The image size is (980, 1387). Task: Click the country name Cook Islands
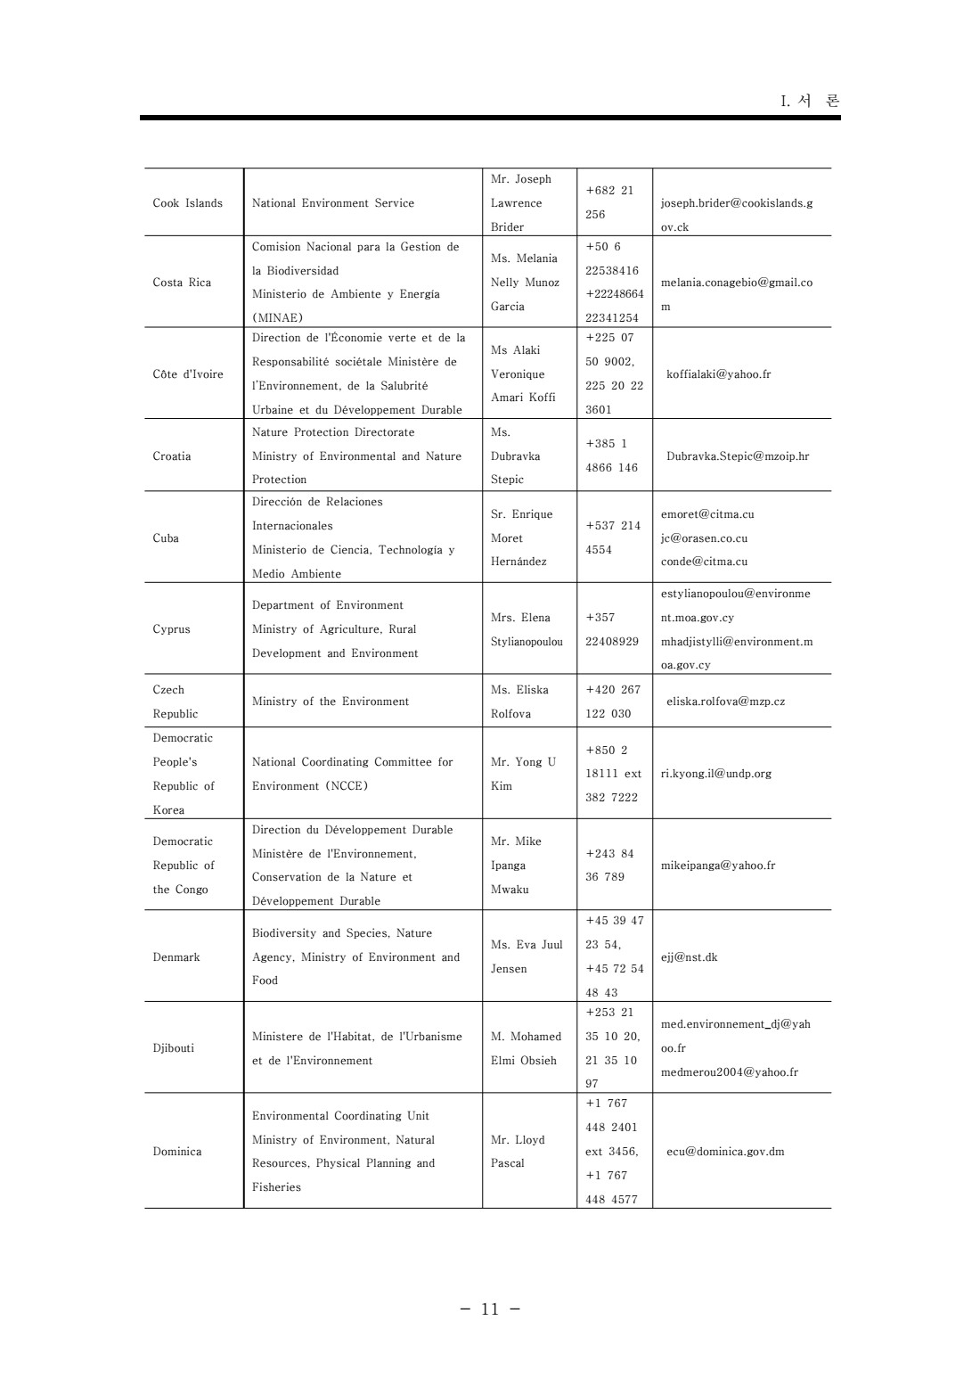click(187, 203)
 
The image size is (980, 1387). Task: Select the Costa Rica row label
click(182, 283)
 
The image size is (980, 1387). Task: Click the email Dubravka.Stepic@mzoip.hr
click(738, 456)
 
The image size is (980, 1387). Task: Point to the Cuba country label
click(166, 538)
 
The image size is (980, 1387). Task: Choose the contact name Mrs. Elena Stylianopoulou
click(527, 629)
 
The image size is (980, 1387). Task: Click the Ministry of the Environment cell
click(331, 702)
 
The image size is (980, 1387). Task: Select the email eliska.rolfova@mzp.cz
click(725, 702)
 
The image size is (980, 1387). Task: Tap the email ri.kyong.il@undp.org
click(716, 774)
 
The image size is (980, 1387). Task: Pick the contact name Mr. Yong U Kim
click(523, 774)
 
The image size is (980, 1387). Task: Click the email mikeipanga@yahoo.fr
click(718, 866)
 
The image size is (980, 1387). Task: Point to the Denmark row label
click(176, 957)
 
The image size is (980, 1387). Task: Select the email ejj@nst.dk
click(689, 957)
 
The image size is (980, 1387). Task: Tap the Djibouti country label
click(173, 1048)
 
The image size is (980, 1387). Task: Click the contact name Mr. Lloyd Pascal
click(518, 1152)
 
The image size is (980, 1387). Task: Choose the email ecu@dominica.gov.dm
click(725, 1152)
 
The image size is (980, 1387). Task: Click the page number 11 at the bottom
click(490, 1309)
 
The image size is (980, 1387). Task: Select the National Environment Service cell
click(333, 203)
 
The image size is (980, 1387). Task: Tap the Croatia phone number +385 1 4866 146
click(612, 455)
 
